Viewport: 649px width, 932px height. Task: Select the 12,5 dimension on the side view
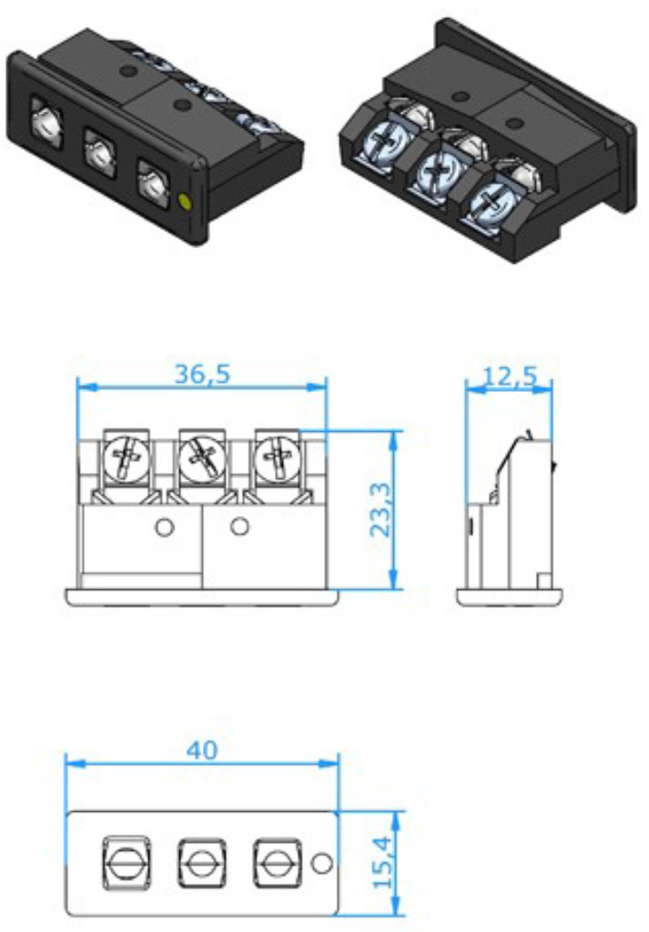510,376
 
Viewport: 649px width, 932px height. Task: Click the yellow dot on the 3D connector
188,201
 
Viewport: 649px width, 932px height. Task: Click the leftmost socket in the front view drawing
125,859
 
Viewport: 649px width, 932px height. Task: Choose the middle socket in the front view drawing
199,859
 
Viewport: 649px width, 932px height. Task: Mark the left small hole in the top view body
165,526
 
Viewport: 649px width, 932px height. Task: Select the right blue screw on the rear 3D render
492,201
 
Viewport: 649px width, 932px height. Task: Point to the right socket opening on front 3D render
153,181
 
